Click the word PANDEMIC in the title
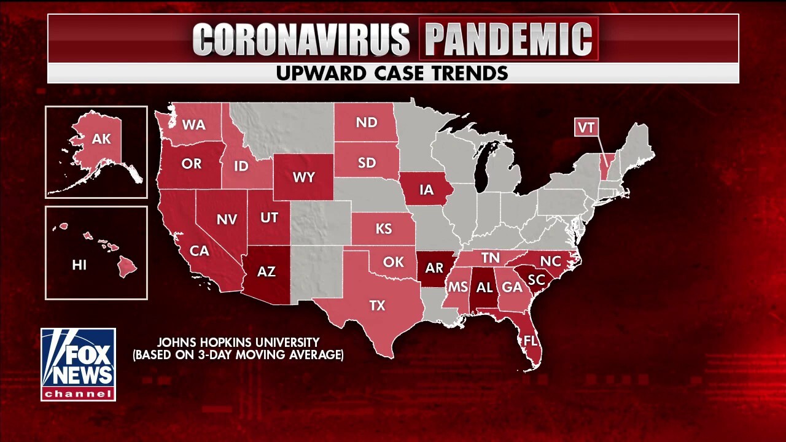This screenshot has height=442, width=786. click(x=509, y=39)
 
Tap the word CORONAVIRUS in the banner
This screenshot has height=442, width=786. click(x=301, y=39)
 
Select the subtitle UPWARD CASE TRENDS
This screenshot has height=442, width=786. click(x=392, y=73)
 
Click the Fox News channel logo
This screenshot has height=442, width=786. click(x=78, y=364)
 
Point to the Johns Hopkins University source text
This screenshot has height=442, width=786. click(x=238, y=348)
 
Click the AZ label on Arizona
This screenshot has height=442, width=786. click(x=267, y=271)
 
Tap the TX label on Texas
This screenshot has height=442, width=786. click(x=377, y=305)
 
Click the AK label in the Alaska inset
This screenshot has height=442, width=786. click(x=101, y=139)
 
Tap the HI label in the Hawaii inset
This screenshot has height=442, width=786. click(x=79, y=265)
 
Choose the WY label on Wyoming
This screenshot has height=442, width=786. click(x=304, y=177)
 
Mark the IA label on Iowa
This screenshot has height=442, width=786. click(x=426, y=190)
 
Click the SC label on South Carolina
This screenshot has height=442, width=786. click(x=536, y=279)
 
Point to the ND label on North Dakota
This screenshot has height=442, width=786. click(x=367, y=122)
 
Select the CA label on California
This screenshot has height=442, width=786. click(x=200, y=250)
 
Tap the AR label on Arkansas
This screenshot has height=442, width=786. click(x=434, y=268)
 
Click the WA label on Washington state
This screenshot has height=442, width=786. click(x=193, y=125)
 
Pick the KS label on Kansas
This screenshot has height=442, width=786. click(x=384, y=229)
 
